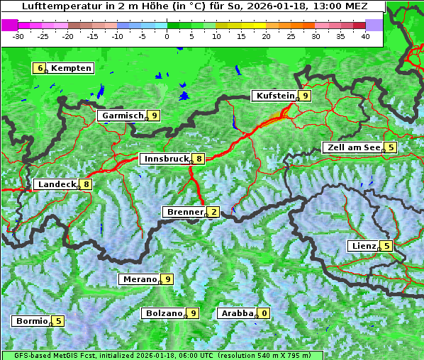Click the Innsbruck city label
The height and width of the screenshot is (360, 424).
pyautogui.click(x=165, y=159)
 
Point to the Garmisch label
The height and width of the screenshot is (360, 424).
pyautogui.click(x=122, y=116)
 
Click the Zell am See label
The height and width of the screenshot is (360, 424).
pyautogui.click(x=352, y=147)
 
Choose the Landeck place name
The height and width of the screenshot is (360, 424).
pyautogui.click(x=56, y=184)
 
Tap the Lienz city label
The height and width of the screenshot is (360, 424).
pyautogui.click(x=363, y=246)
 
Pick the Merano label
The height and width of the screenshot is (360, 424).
pyautogui.click(x=139, y=279)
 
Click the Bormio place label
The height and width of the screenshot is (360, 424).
pyautogui.click(x=32, y=320)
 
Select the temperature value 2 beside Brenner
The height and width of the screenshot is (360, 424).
pyautogui.click(x=213, y=212)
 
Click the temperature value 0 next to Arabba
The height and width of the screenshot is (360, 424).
pyautogui.click(x=264, y=313)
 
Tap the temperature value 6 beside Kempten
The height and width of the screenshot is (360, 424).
pyautogui.click(x=40, y=68)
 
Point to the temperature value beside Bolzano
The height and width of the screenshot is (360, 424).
pyautogui.click(x=192, y=313)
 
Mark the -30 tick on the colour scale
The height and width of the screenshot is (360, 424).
pyautogui.click(x=19, y=36)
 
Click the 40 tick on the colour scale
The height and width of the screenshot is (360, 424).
pyautogui.click(x=365, y=36)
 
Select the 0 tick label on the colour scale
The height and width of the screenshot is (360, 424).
pyautogui.click(x=167, y=36)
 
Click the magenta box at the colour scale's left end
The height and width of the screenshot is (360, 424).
pyautogui.click(x=10, y=24)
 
